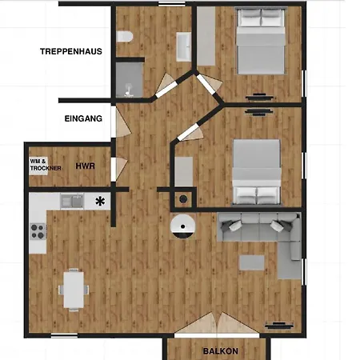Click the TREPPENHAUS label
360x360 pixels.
coord(71,51)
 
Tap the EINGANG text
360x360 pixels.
coord(83,118)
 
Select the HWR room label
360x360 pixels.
coord(86,166)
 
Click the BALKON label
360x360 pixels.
coord(221,351)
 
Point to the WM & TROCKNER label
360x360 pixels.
coord(46,165)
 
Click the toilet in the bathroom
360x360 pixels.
coord(125,37)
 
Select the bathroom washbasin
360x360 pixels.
coord(183,47)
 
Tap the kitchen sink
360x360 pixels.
coord(72,201)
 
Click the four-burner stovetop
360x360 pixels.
coord(38,231)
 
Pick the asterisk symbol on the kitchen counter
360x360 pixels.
coord(100,201)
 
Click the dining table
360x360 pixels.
coord(74,290)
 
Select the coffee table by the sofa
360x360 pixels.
coord(252,262)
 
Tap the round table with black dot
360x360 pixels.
coord(182,226)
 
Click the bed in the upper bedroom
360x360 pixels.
coord(261,41)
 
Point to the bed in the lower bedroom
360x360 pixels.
coord(257,172)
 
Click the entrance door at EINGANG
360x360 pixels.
coord(121,122)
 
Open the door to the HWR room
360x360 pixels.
coord(118,169)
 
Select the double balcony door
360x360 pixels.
coord(217,324)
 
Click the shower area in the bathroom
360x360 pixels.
coord(130,79)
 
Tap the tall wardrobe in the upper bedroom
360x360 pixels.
coord(206,36)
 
